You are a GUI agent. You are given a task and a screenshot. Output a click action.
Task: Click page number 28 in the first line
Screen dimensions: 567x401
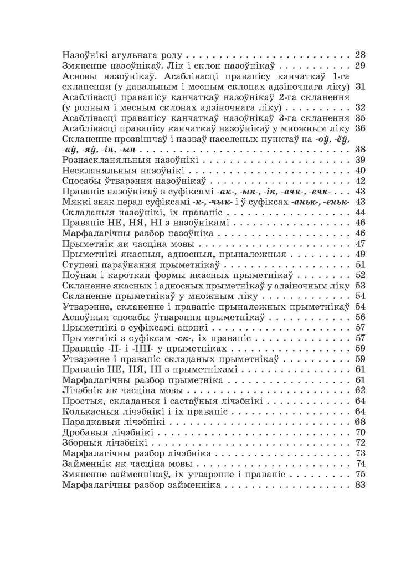pyautogui.click(x=359, y=55)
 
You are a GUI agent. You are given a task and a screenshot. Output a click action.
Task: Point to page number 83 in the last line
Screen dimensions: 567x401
pyautogui.click(x=359, y=485)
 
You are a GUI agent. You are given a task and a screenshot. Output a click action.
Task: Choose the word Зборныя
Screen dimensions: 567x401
pyautogui.click(x=82, y=443)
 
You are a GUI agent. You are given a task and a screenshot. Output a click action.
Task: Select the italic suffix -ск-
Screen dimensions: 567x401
pyautogui.click(x=179, y=338)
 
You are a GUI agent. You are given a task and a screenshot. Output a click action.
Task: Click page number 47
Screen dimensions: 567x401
pyautogui.click(x=359, y=244)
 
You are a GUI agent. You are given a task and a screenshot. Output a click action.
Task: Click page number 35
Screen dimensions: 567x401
pyautogui.click(x=359, y=118)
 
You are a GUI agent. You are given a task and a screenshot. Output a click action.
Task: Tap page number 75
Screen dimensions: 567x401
pyautogui.click(x=359, y=475)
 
